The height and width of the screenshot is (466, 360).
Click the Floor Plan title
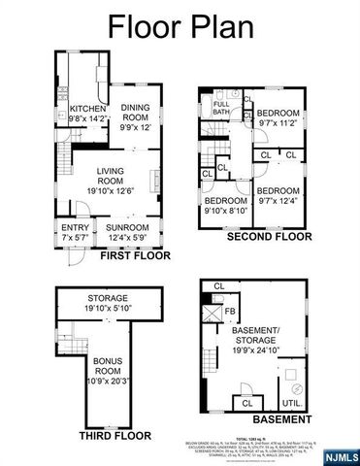tap(180, 25)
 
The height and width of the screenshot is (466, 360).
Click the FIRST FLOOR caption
tap(122, 257)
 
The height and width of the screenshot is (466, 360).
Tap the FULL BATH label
tap(221, 109)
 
